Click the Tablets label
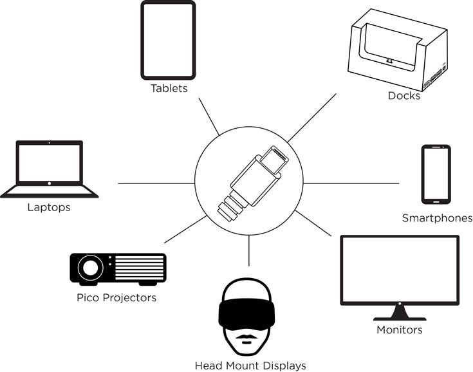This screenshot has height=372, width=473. (169, 88)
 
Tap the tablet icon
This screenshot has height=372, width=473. (168, 40)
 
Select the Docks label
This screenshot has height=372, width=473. (403, 96)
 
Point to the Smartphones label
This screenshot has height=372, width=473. (437, 218)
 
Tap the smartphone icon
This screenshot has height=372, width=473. (436, 173)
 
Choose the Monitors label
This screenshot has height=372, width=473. (399, 330)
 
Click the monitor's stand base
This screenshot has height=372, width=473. (399, 316)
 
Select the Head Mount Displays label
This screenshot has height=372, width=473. (250, 366)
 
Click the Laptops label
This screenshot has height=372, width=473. (49, 207)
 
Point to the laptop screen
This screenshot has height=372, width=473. (49, 163)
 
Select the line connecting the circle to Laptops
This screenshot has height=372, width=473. (156, 183)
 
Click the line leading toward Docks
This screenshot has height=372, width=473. (311, 118)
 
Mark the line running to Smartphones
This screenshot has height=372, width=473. (351, 183)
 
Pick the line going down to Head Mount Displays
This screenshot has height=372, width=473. (249, 251)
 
